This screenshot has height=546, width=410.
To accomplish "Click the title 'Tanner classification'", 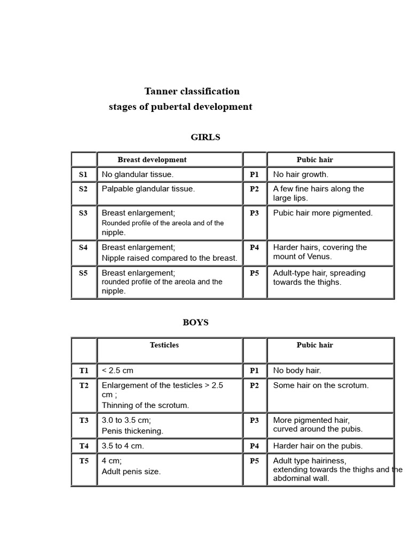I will pyautogui.click(x=192, y=91).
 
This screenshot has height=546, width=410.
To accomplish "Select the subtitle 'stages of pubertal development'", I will pyautogui.click(x=180, y=107).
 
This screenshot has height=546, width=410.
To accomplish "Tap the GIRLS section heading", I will pyautogui.click(x=205, y=138).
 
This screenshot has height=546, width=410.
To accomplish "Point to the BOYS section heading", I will pyautogui.click(x=195, y=323).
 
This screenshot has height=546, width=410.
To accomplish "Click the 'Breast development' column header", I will pyautogui.click(x=152, y=160).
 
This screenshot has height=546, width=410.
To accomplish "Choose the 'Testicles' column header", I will pyautogui.click(x=164, y=346).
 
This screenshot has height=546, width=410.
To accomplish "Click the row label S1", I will pyautogui.click(x=83, y=174).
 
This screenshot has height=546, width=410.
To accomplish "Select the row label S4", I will pyautogui.click(x=83, y=247).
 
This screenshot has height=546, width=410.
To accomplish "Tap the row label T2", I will pyautogui.click(x=84, y=386).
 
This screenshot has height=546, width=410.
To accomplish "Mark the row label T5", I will pyautogui.click(x=84, y=461).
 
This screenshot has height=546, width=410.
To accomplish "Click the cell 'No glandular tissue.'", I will pyautogui.click(x=138, y=174).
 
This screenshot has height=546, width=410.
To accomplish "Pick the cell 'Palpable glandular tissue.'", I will pyautogui.click(x=148, y=189).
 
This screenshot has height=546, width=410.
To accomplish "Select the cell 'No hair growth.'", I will pyautogui.click(x=301, y=174).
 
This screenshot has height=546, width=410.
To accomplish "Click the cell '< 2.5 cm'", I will pyautogui.click(x=117, y=371).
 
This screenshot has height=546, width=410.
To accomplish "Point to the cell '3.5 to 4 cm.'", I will pyautogui.click(x=123, y=446).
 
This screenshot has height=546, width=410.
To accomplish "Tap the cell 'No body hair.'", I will pyautogui.click(x=297, y=371).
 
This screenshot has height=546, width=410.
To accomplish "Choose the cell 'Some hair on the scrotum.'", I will pyautogui.click(x=321, y=386).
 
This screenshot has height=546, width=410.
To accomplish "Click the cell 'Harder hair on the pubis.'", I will pyautogui.click(x=318, y=446).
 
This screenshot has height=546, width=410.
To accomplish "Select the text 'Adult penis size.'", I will pyautogui.click(x=131, y=471).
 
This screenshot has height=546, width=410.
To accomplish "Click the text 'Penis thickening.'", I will pyautogui.click(x=132, y=431).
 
